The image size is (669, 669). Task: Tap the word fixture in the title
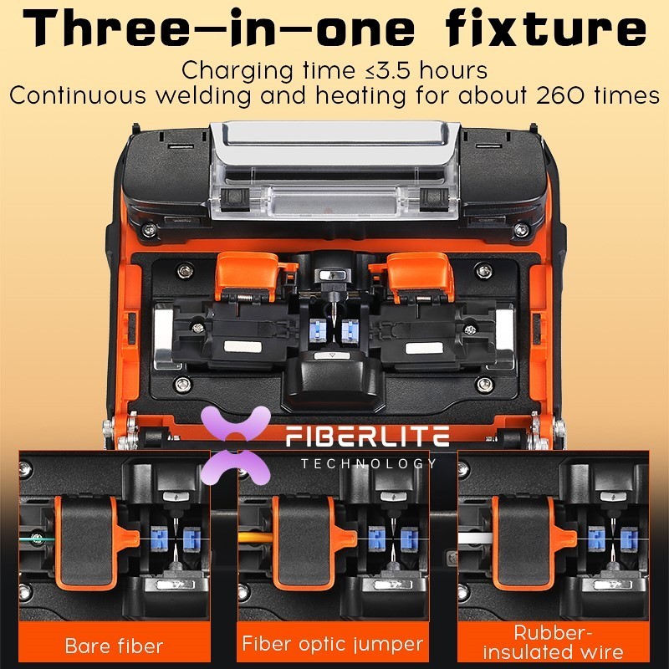pyautogui.click(x=545, y=27)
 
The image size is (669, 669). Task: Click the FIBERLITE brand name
pyautogui.click(x=367, y=436)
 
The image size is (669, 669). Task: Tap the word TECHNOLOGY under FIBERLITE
pyautogui.click(x=369, y=463)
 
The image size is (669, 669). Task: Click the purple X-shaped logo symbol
pyautogui.click(x=236, y=446)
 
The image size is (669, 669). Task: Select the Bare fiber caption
pyautogui.click(x=114, y=646)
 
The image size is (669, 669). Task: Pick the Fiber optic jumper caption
pyautogui.click(x=333, y=644)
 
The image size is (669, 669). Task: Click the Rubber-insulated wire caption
pyautogui.click(x=553, y=642)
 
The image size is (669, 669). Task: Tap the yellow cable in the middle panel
pyautogui.click(x=255, y=538)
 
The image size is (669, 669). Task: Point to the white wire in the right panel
pyautogui.click(x=475, y=538)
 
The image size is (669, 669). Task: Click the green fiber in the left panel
pyautogui.click(x=37, y=539)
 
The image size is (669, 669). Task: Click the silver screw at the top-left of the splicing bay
pyautogui.click(x=185, y=269)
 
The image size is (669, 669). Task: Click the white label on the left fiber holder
pyautogui.click(x=243, y=347)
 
